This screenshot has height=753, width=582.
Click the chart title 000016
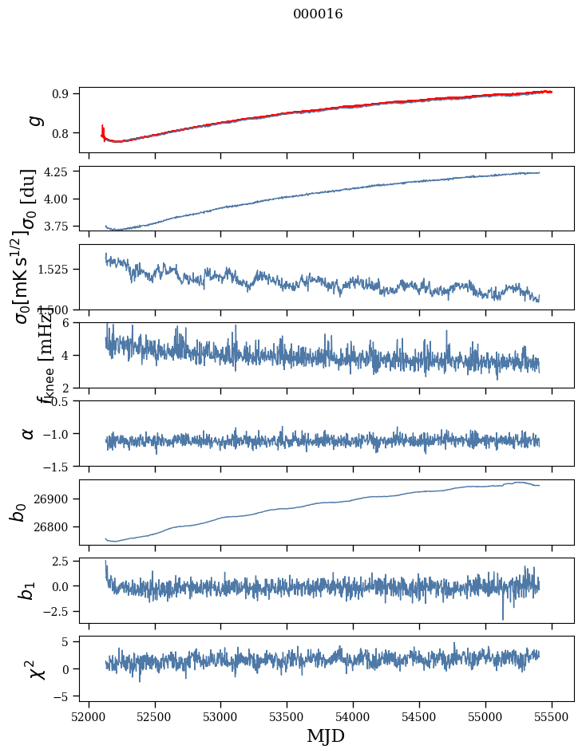(318, 14)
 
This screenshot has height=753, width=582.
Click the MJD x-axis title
(326, 735)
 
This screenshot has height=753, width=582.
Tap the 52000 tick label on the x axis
(89, 716)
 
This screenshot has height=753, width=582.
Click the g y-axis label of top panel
(34, 120)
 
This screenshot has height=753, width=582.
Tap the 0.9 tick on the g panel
(64, 93)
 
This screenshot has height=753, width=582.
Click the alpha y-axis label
(29, 433)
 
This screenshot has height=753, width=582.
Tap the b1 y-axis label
(27, 590)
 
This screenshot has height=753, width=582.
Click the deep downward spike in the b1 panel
(503, 616)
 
